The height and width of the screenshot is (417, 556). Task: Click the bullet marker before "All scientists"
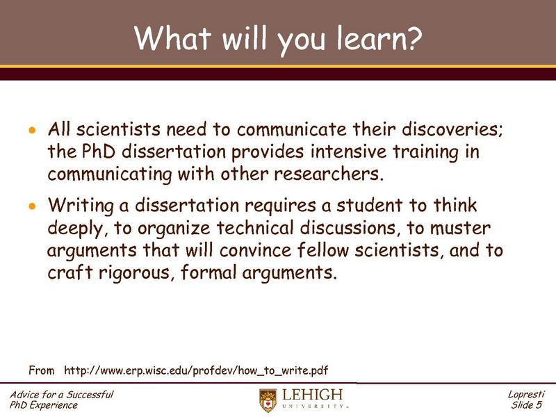(x=31, y=131)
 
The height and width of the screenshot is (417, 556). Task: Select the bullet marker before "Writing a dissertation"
(x=31, y=206)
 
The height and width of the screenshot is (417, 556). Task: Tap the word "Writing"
(x=78, y=206)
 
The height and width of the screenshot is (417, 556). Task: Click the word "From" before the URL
(x=41, y=368)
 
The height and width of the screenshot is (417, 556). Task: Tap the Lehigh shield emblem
(x=267, y=400)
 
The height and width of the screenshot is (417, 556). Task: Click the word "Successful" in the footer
(x=87, y=395)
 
